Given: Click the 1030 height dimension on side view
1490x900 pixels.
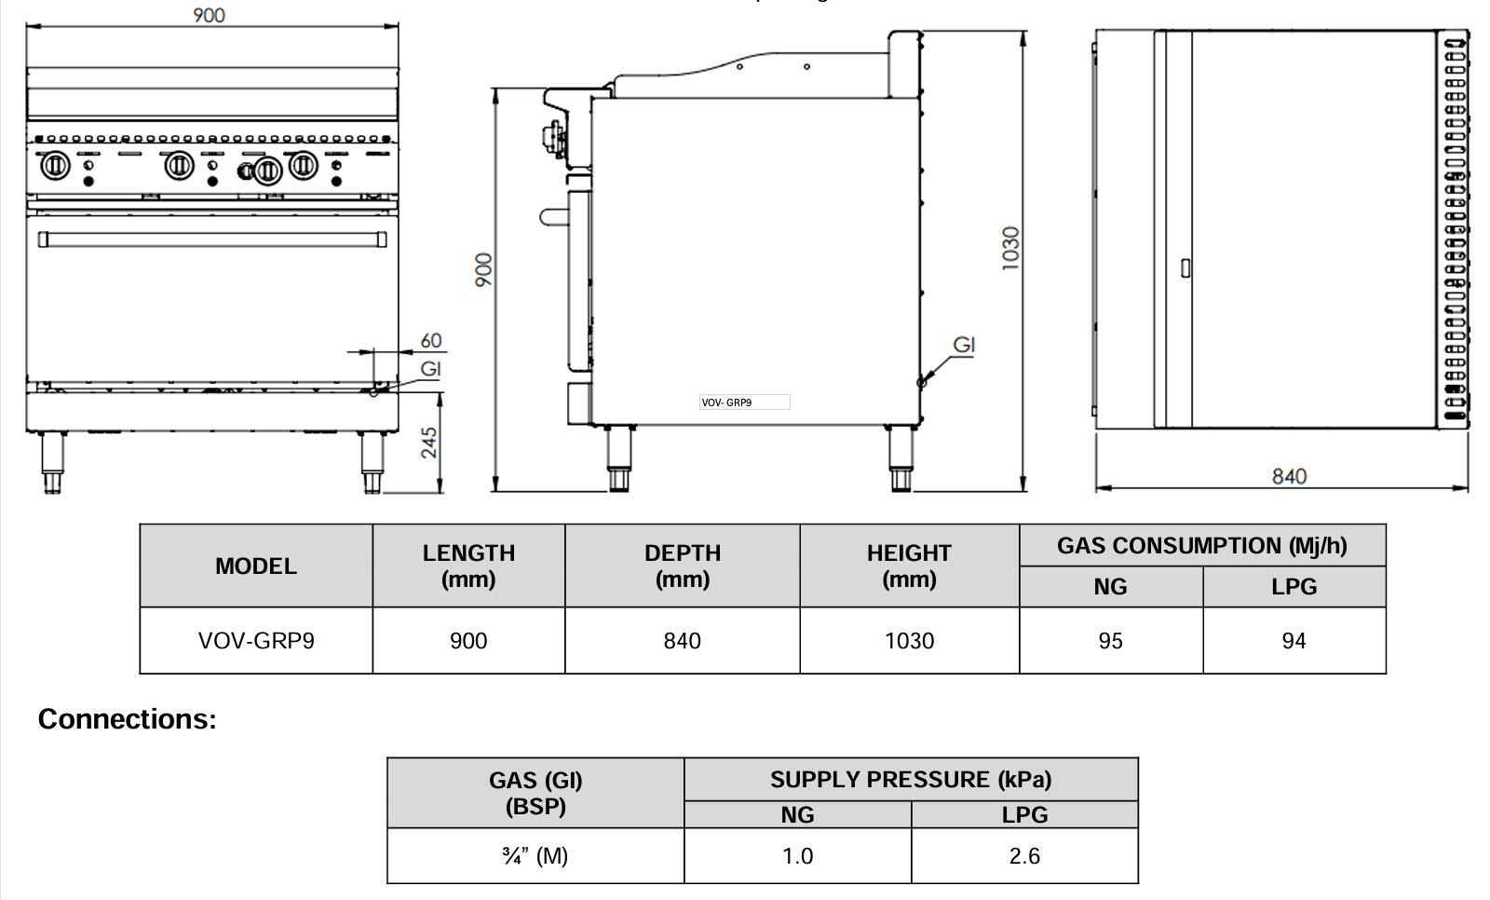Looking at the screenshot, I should click(1011, 248).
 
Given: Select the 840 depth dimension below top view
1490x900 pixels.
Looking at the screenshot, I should click(1289, 476).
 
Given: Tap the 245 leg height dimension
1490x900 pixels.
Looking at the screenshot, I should click(429, 443).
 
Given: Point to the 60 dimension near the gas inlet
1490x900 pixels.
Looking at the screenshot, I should click(430, 341).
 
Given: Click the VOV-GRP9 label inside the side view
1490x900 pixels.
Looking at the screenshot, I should click(727, 402).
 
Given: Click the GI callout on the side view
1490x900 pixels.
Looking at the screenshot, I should click(964, 346).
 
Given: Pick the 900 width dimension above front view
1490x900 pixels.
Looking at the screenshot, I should click(209, 15).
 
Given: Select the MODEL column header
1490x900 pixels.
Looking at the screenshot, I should click(256, 566).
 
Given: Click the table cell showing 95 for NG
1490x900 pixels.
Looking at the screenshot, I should click(1110, 641).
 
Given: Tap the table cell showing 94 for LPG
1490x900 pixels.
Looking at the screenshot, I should click(1294, 641).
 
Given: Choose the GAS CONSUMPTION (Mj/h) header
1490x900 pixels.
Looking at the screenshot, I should click(1201, 546).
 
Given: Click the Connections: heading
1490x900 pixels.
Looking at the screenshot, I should click(128, 719).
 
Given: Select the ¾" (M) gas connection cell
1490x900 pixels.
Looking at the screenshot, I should click(535, 856).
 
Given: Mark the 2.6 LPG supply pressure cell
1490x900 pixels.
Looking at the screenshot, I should click(1024, 856).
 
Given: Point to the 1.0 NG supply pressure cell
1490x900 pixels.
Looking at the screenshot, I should click(797, 856).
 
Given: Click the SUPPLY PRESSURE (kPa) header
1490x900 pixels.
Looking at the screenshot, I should click(910, 780).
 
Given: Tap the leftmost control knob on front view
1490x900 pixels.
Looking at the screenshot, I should click(54, 167).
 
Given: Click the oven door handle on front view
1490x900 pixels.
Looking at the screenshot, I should click(211, 239).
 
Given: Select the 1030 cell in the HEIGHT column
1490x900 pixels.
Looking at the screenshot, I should click(909, 641).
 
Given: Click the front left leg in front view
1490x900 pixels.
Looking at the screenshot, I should click(52, 462).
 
